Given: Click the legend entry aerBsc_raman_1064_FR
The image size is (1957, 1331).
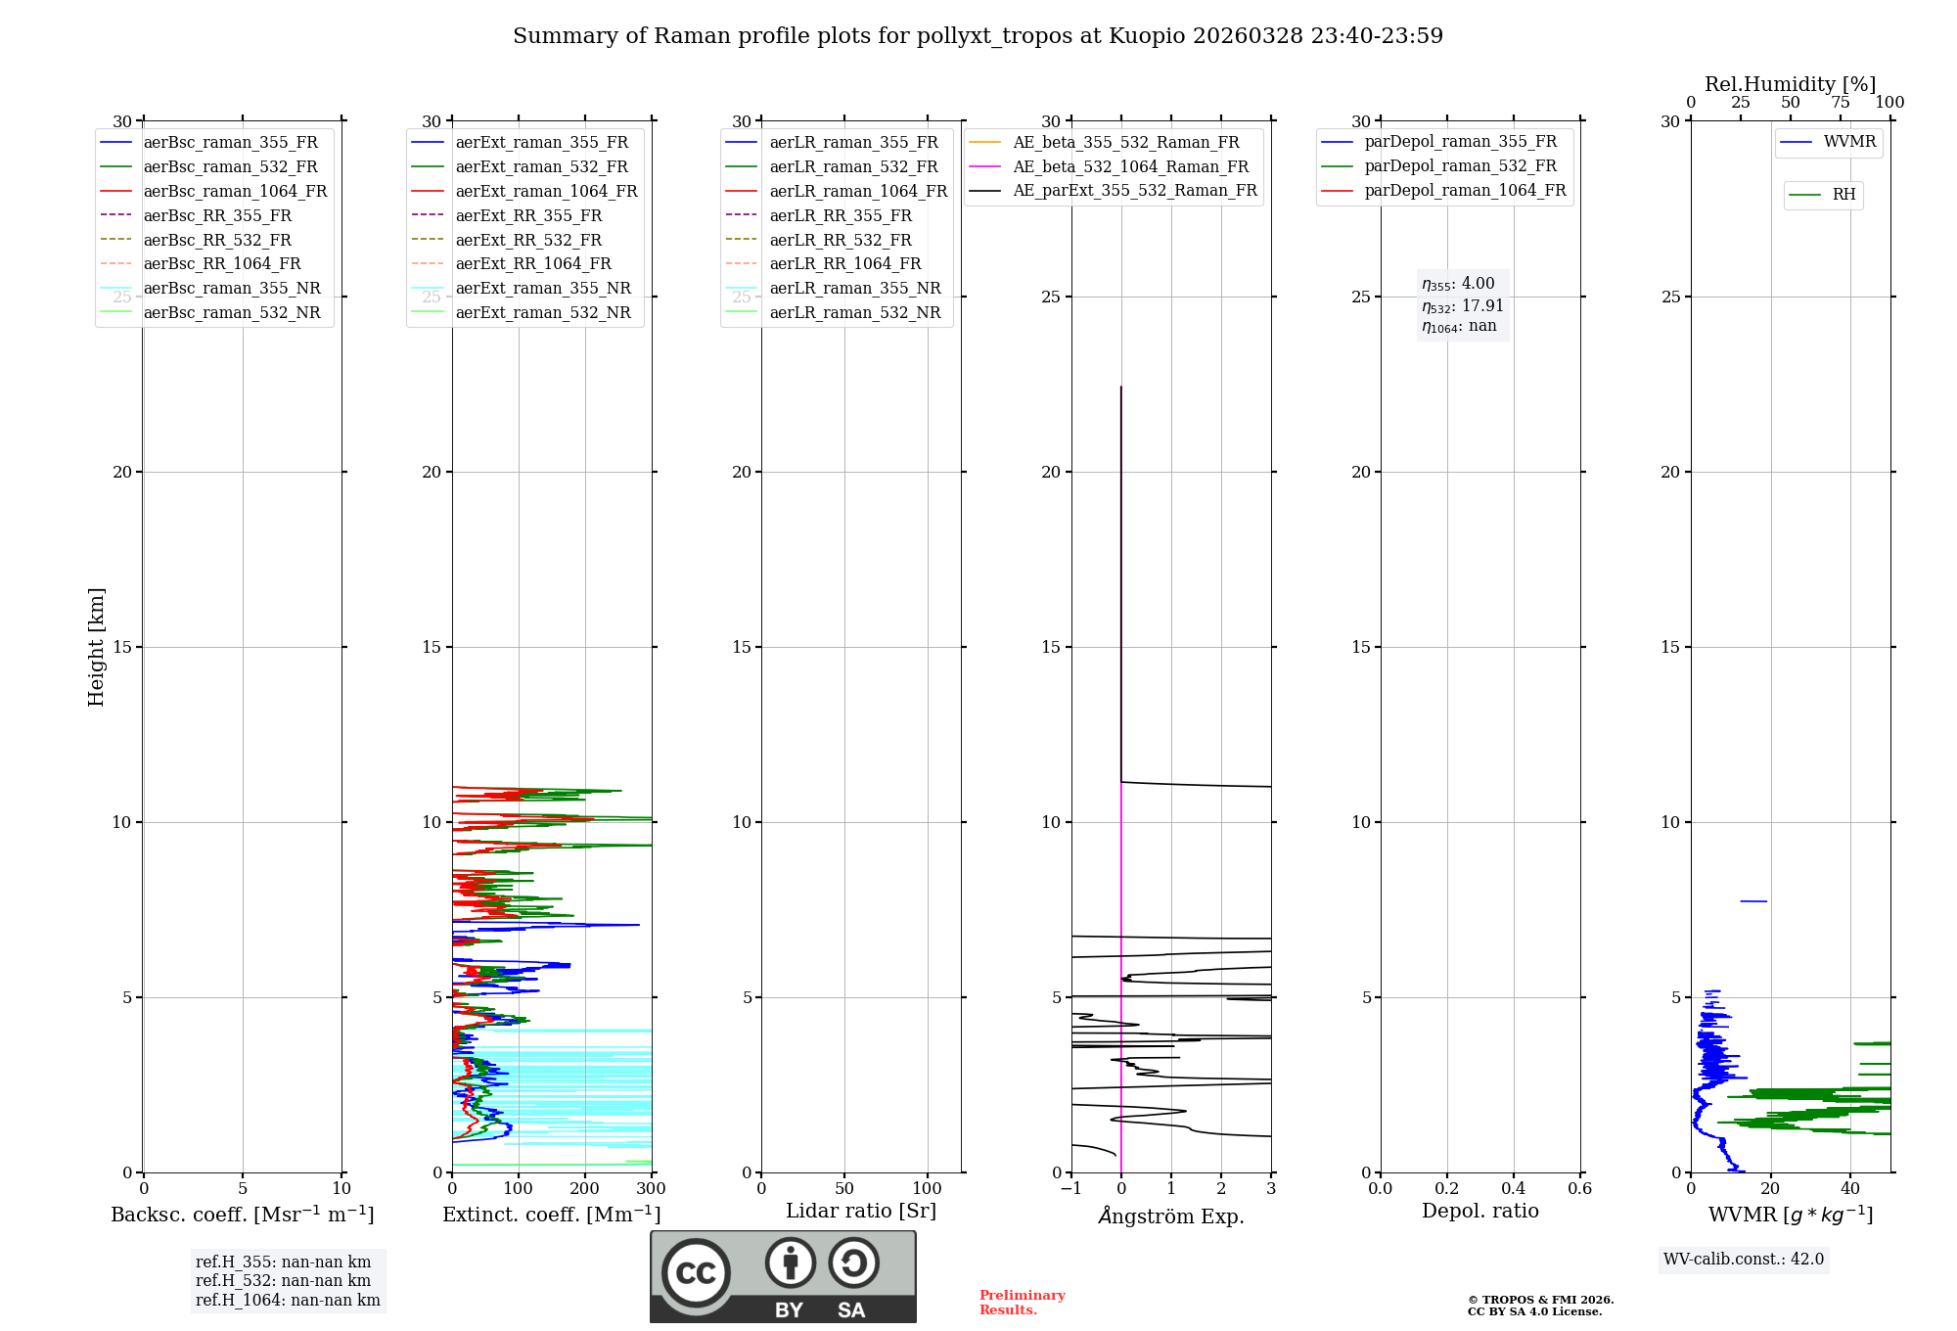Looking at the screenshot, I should tap(235, 192).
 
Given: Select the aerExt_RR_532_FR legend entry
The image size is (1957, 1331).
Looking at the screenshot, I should tap(528, 240).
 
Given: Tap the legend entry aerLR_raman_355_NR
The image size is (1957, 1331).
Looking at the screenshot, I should tap(854, 289).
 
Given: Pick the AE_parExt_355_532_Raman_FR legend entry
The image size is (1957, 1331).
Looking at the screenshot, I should tap(1134, 191).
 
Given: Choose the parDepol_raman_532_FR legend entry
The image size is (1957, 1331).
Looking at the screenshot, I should tap(1460, 166).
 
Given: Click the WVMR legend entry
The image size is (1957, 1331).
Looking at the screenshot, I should tap(1849, 142).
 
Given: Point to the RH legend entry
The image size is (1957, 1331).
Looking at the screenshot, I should tap(1843, 195).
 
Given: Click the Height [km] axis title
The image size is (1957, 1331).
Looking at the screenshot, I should tap(96, 647).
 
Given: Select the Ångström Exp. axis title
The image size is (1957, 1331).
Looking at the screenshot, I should tap(1171, 1216).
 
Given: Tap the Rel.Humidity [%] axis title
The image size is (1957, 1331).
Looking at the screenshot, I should tap(1790, 84).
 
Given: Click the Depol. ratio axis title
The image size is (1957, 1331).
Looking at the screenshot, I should tap(1479, 1212).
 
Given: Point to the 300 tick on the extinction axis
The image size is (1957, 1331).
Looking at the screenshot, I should tap(651, 1189).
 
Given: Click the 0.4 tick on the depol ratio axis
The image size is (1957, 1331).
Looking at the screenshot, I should tap(1513, 1189).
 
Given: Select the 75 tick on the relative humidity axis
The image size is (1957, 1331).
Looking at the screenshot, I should tap(1840, 103).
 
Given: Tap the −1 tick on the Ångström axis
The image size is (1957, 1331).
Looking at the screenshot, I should tap(1070, 1189).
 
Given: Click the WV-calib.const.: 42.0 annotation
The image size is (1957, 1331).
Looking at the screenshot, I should tap(1744, 1260).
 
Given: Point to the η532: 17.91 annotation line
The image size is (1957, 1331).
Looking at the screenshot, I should tap(1462, 305).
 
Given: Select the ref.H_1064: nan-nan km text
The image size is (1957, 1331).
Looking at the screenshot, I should tap(288, 1301).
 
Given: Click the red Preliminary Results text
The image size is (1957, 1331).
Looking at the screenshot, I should tap(1022, 1303).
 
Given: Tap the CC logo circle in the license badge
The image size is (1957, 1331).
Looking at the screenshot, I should tap(696, 1272).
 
